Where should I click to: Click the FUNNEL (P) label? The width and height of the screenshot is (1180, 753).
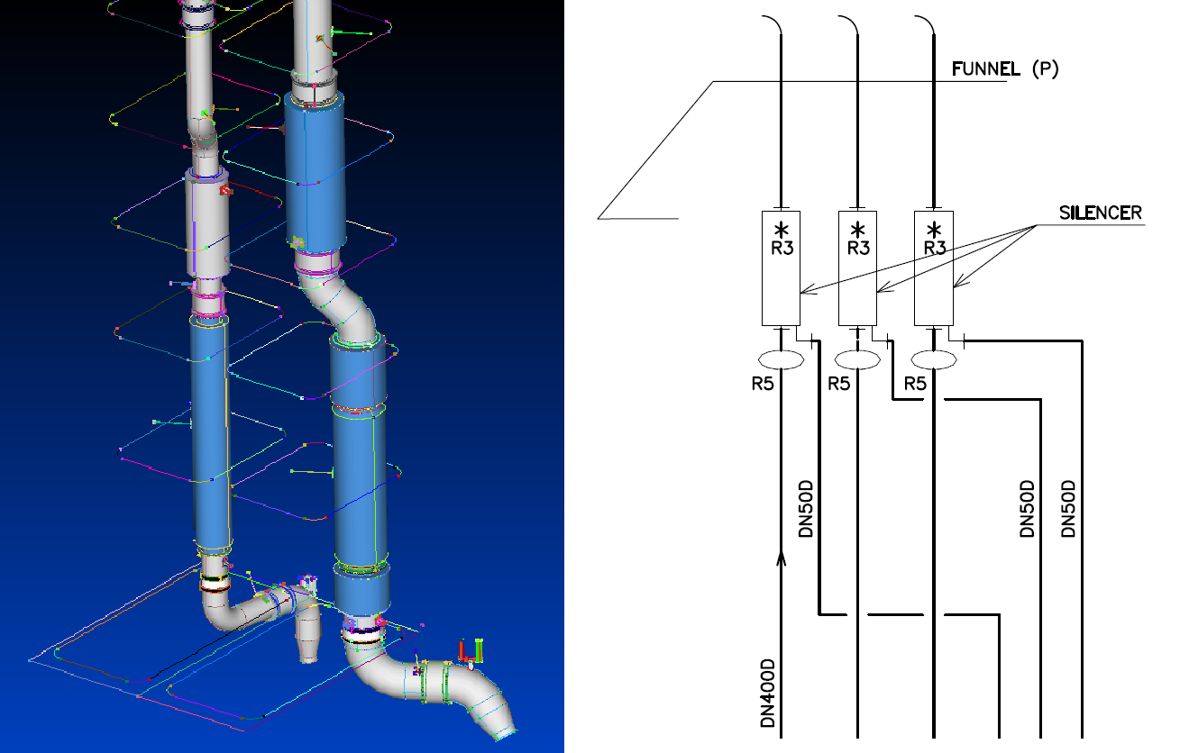[1005, 68]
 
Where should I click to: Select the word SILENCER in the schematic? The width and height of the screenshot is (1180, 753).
[1100, 213]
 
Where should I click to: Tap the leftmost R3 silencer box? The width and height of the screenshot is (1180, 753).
[782, 268]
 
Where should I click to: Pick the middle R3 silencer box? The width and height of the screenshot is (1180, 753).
[857, 268]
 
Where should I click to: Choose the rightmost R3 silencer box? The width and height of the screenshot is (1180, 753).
[934, 268]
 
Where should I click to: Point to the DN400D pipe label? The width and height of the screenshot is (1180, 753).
[768, 693]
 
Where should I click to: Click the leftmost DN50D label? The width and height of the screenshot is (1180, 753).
[807, 508]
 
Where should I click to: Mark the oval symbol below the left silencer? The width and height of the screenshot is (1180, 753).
[782, 360]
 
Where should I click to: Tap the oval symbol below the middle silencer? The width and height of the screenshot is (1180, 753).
[857, 360]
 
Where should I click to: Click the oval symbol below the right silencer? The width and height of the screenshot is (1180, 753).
[934, 360]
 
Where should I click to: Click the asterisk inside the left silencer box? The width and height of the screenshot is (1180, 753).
[782, 228]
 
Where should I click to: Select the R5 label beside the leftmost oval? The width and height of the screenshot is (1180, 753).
[763, 384]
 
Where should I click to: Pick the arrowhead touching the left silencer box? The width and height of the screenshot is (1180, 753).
[805, 291]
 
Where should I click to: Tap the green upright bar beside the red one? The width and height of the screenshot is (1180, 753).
[479, 650]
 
